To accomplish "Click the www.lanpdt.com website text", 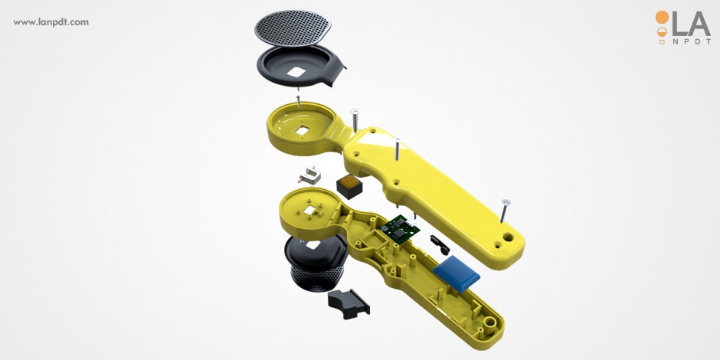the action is click(51, 22).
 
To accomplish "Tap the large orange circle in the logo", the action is click(662, 17).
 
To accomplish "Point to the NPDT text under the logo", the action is click(691, 41).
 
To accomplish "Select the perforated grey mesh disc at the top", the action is click(293, 28).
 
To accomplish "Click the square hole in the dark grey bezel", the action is click(297, 72).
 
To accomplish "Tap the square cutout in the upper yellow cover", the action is click(302, 131).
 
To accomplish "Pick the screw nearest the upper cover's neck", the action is click(355, 120).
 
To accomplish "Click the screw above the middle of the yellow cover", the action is click(397, 148).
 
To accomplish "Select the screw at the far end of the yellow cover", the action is click(505, 211).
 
